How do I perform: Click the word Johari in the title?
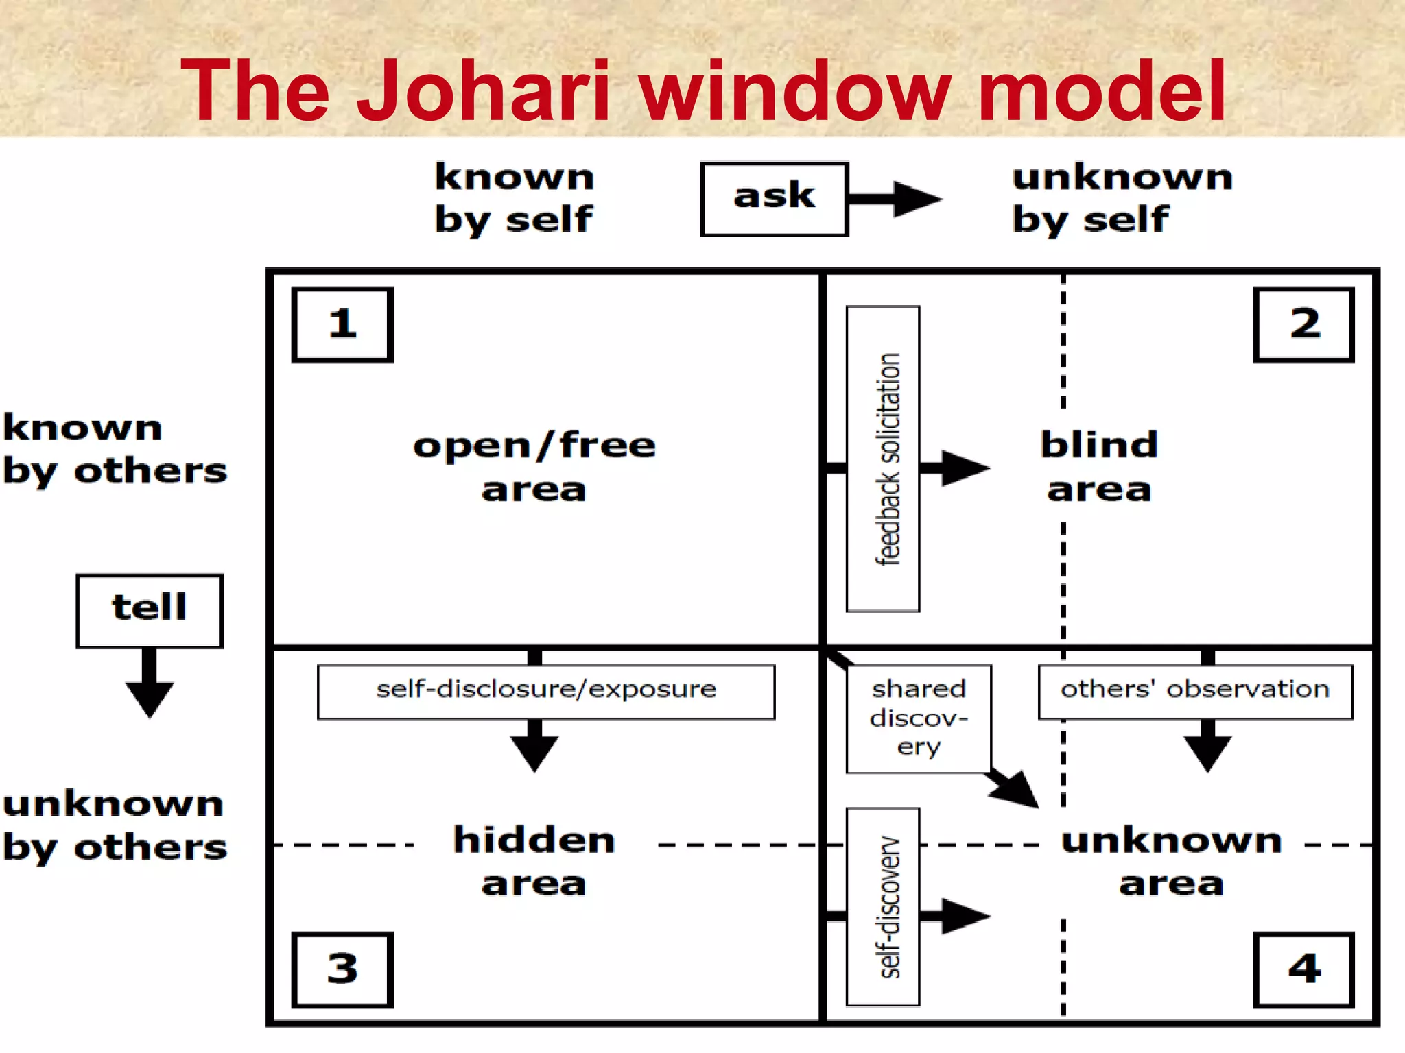pos(483,90)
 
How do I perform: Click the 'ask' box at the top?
pos(774,199)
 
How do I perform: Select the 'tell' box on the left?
pos(150,611)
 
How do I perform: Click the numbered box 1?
pos(342,324)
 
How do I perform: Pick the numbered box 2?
pos(1303,324)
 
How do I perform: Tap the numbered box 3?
pos(342,969)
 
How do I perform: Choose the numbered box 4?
pos(1303,969)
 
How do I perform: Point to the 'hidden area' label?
pos(534,861)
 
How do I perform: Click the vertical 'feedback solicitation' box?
pos(883,459)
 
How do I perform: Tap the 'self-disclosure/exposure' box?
pos(546,691)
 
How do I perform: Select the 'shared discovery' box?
pos(919,718)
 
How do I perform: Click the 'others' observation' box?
pos(1195,691)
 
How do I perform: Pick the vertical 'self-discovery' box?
pos(883,906)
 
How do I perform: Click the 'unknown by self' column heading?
pos(1122,198)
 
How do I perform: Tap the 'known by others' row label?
pos(114,450)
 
